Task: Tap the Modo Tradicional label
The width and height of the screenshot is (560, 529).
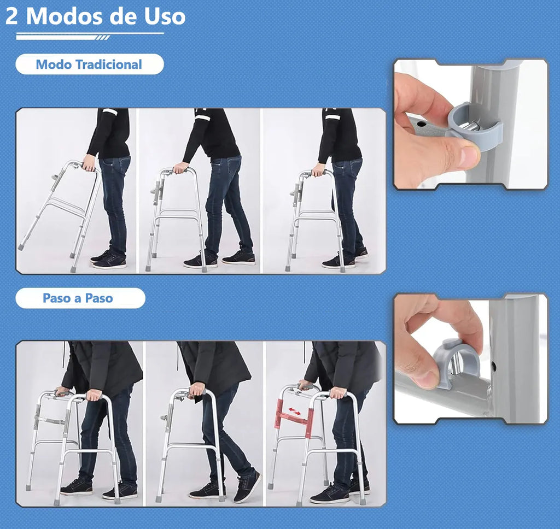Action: (x=89, y=64)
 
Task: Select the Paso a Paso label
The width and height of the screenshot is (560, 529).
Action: (x=78, y=298)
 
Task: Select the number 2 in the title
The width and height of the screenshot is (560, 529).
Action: (x=12, y=16)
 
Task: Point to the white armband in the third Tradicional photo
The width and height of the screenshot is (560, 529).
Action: (x=332, y=116)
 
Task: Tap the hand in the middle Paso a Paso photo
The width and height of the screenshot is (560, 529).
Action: (x=196, y=389)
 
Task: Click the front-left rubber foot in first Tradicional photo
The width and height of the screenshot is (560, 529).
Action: (x=21, y=246)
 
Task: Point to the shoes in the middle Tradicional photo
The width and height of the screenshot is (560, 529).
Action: (x=219, y=260)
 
